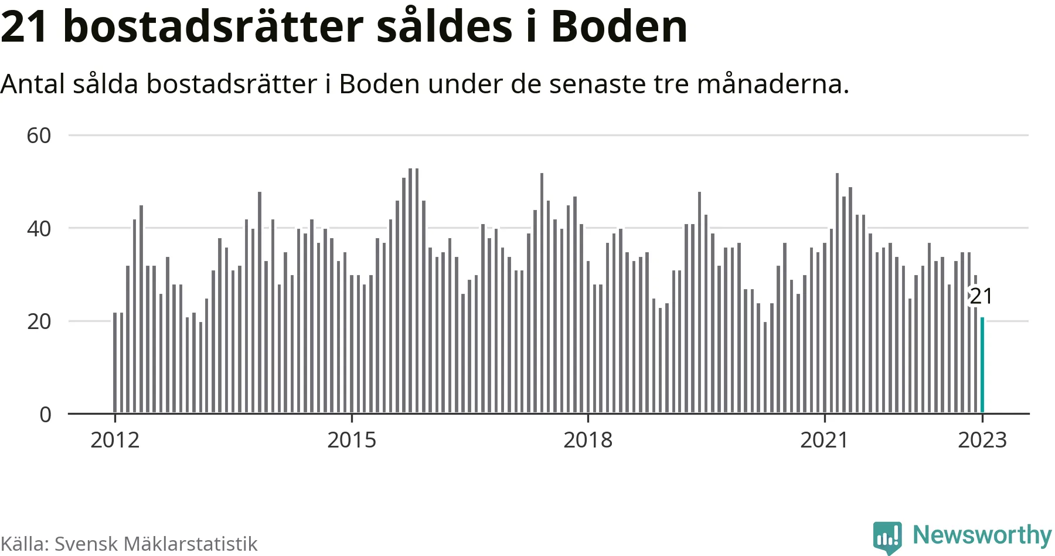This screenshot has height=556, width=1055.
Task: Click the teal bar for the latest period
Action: [x=982, y=365]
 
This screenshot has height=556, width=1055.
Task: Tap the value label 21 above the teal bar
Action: [x=981, y=296]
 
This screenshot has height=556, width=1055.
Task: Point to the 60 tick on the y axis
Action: [x=39, y=135]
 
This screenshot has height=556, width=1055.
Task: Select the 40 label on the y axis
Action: [x=39, y=229]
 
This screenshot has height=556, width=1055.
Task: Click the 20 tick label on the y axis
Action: [x=39, y=321]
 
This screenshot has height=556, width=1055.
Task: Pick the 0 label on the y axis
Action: [x=45, y=415]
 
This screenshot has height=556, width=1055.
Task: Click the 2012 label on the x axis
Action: [x=115, y=440]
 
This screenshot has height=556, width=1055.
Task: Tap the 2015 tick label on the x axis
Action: [x=352, y=440]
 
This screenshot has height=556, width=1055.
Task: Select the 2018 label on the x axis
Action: [x=588, y=440]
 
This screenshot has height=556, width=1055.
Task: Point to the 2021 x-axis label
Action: [x=824, y=440]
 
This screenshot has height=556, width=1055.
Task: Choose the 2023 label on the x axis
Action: [x=982, y=440]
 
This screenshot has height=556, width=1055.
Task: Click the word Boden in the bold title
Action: [x=619, y=27]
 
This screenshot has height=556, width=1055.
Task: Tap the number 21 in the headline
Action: [x=25, y=27]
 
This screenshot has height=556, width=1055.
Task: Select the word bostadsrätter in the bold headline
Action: [x=213, y=27]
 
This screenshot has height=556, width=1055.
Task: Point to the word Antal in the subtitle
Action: [x=32, y=84]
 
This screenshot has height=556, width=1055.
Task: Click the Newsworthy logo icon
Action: [x=887, y=537]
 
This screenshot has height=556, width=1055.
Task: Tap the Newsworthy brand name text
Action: [x=982, y=535]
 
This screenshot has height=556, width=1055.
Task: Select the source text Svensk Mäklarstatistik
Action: [x=156, y=544]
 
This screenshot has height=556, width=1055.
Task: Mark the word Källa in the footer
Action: [x=24, y=544]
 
